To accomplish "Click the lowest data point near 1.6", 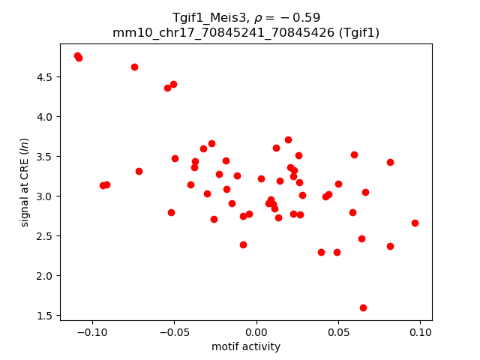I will tap(363, 307).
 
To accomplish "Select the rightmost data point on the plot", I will tap(415, 223).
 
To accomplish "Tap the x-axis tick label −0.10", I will tap(93, 332).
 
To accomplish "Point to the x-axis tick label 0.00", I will tap(256, 332).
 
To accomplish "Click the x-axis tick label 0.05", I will tap(338, 332).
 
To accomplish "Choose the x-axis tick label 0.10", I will tap(420, 332).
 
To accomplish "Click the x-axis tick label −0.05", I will tap(175, 332).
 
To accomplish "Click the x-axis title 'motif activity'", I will tap(246, 346).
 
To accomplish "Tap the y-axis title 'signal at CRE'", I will tap(25, 182).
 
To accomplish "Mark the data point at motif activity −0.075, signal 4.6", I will tap(134, 67).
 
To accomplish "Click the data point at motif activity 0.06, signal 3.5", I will tap(354, 154).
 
